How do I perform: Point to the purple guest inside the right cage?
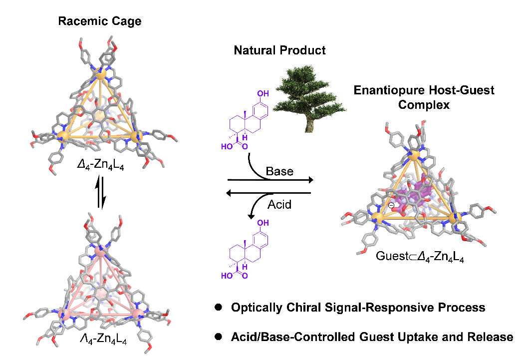[419, 190]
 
